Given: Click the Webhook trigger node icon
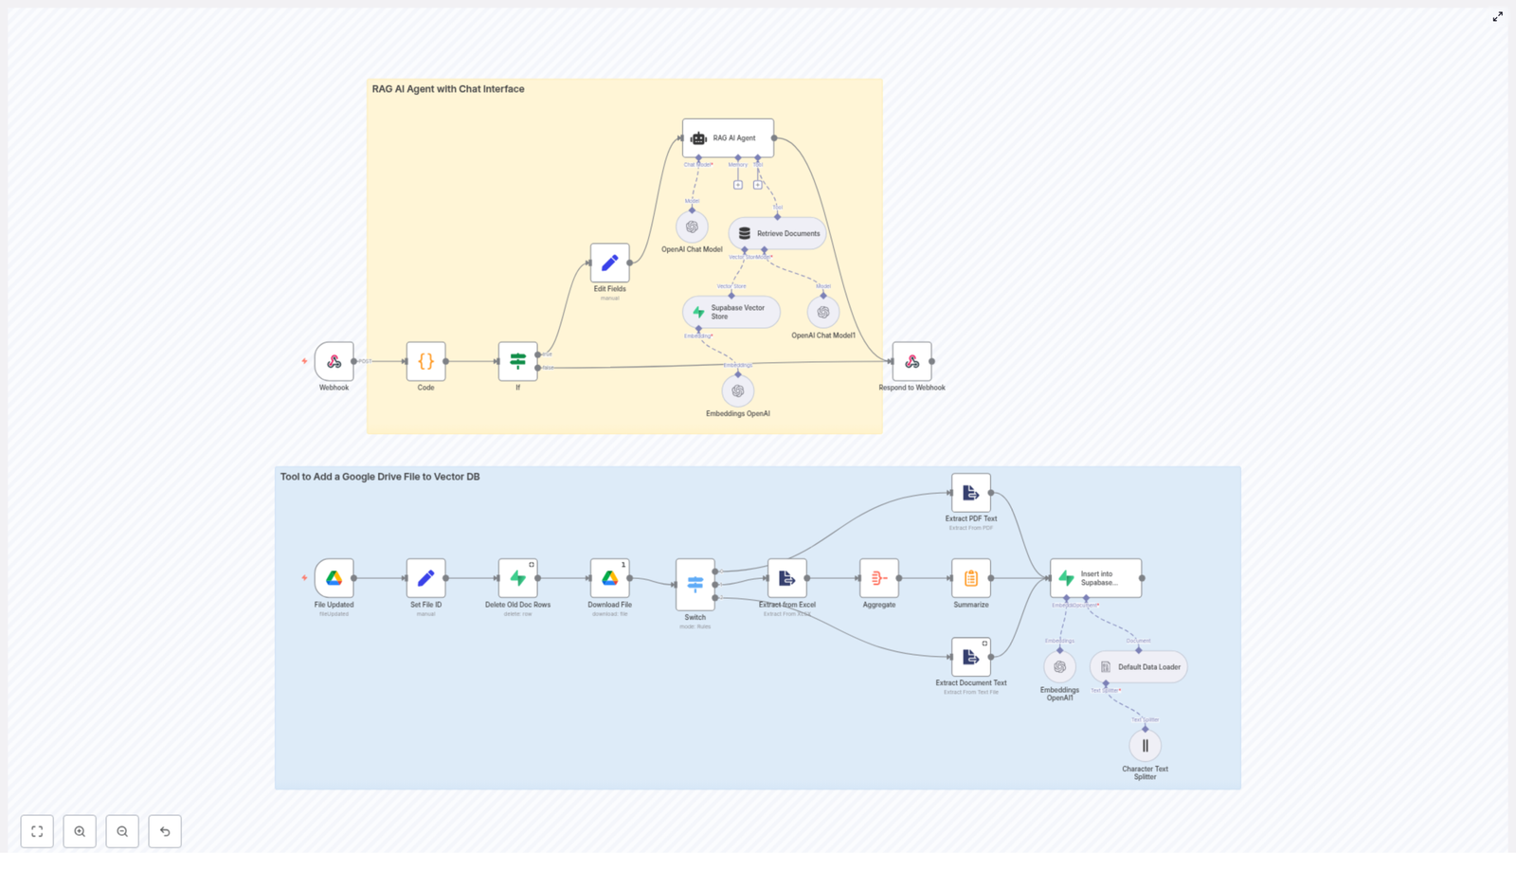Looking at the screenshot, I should [334, 361].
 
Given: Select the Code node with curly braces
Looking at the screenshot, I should [425, 361].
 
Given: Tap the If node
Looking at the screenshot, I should [517, 361].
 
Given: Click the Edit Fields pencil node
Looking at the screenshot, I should [609, 263].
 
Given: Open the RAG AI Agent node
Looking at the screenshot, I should [728, 138].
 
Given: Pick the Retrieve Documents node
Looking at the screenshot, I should [777, 233].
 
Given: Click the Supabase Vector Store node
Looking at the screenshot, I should [731, 312].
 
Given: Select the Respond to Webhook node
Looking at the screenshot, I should [911, 361].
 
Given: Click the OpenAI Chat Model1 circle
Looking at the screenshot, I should [822, 312].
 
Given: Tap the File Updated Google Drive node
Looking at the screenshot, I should [334, 578].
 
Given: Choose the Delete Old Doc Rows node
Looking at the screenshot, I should [517, 578].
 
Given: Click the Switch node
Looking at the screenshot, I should [695, 584].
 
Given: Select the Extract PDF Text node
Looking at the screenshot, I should [970, 493].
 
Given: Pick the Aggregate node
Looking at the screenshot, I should [878, 578].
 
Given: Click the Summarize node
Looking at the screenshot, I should [970, 578].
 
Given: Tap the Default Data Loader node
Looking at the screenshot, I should [1138, 667].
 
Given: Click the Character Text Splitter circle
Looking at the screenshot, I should [1145, 746].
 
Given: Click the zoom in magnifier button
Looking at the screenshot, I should [80, 831].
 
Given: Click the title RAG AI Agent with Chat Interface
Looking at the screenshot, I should [447, 89].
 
